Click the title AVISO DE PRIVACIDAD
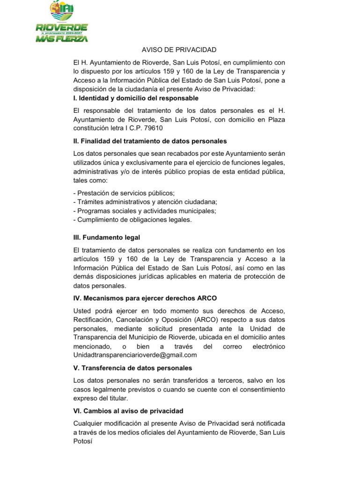click(x=179, y=50)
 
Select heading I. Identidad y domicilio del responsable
click(x=136, y=98)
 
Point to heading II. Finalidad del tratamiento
click(x=150, y=141)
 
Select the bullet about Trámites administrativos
click(x=146, y=202)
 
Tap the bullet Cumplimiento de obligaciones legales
click(x=133, y=219)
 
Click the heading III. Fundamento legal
click(x=107, y=238)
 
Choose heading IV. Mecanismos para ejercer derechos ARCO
click(x=145, y=298)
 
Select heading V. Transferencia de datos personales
click(x=132, y=368)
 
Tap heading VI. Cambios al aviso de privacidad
click(x=128, y=411)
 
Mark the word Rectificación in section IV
click(x=93, y=319)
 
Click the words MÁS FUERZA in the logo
click(x=61, y=39)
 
